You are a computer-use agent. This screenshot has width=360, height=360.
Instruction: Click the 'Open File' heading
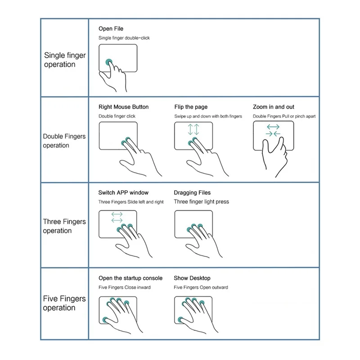(111, 29)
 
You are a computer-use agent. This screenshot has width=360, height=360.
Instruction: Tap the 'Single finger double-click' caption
(124, 38)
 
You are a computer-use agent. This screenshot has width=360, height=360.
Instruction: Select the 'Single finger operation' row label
(65, 60)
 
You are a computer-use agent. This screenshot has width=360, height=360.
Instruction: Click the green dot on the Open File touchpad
(108, 62)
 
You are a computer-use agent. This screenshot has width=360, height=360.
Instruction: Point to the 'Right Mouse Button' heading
(123, 107)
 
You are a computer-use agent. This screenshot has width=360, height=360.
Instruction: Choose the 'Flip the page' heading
(191, 107)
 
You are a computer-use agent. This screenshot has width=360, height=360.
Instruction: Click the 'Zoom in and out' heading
(274, 107)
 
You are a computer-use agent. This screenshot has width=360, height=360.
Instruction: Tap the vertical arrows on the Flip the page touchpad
(193, 129)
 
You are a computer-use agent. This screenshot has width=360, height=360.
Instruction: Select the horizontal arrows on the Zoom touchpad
(273, 130)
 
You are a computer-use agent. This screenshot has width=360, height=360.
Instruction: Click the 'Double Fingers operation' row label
(64, 140)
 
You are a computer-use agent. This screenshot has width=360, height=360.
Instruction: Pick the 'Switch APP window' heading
(123, 193)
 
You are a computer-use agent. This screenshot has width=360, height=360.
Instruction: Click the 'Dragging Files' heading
(192, 193)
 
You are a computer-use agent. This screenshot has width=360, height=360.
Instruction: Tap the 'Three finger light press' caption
(201, 202)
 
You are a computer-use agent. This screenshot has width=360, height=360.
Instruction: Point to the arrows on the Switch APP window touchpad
(117, 217)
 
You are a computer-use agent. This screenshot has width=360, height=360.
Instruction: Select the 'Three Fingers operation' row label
(64, 226)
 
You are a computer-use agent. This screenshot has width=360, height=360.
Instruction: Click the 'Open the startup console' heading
(131, 278)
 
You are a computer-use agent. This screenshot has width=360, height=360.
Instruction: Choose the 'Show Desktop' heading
(192, 278)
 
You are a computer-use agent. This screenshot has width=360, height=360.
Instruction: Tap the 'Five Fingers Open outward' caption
(201, 288)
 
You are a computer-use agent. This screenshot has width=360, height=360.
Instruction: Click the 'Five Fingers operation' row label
(64, 303)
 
